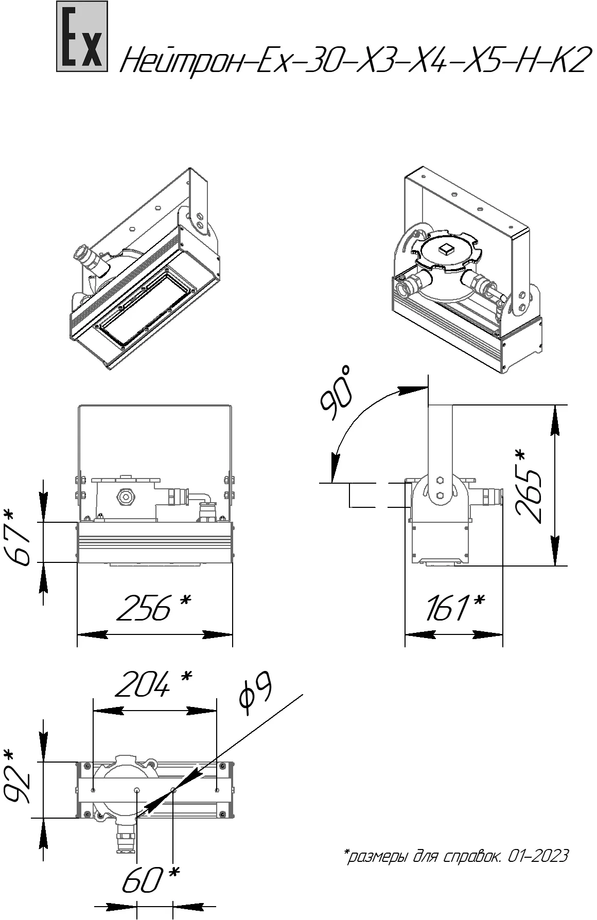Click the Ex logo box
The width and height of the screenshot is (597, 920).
click(82, 36)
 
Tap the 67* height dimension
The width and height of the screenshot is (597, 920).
click(21, 538)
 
